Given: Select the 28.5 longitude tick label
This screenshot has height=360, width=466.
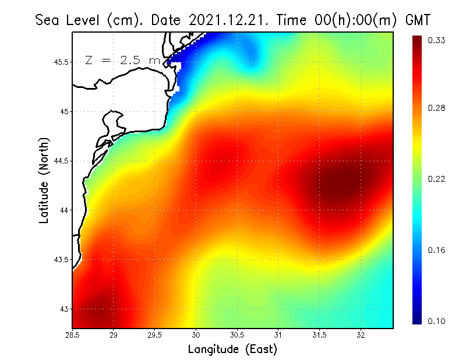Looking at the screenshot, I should (x=72, y=336).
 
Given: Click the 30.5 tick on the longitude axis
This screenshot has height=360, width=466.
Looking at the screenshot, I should (x=237, y=336).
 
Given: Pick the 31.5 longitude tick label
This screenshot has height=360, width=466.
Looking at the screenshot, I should (x=319, y=336).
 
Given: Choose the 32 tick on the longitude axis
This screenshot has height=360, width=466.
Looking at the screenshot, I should (x=361, y=336).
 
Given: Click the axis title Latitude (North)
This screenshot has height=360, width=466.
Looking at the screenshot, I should (x=44, y=181).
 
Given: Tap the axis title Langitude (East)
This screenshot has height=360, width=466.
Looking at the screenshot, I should (x=232, y=350).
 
